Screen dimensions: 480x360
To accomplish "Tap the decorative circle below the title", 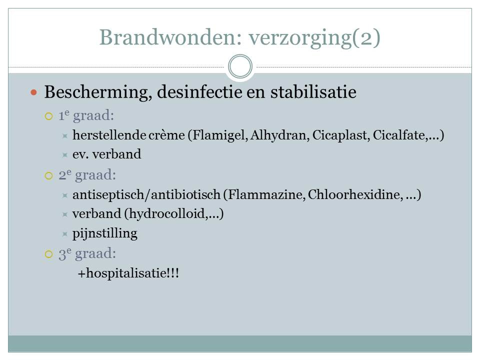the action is pyautogui.click(x=240, y=56).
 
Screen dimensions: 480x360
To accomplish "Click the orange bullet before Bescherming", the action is pyautogui.click(x=33, y=92).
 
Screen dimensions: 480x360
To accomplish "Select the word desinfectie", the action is pyautogui.click(x=199, y=92).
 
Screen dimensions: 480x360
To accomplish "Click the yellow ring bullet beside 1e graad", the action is pyautogui.click(x=48, y=116).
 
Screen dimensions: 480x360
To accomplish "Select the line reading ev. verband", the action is pyautogui.click(x=107, y=154).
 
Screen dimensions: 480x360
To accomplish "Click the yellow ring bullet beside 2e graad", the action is pyautogui.click(x=48, y=175).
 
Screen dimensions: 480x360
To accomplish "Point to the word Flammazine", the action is pyautogui.click(x=266, y=194).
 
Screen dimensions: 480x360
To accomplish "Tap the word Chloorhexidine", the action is pyautogui.click(x=355, y=194).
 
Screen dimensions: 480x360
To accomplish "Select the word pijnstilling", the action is pyautogui.click(x=104, y=233).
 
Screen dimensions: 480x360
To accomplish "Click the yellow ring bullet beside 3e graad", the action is pyautogui.click(x=48, y=254).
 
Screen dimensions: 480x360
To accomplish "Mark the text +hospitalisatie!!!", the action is pyautogui.click(x=128, y=273).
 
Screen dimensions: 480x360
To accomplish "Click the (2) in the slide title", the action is pyautogui.click(x=366, y=37).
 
